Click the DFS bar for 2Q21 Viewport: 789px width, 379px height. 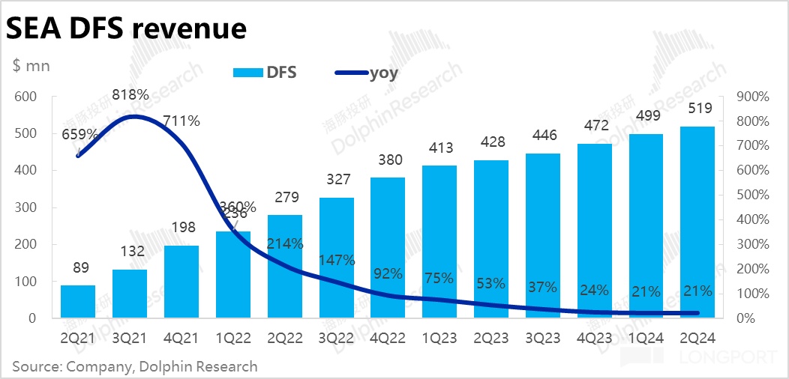pos(78,301)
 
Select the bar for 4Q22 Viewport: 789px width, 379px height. pos(388,247)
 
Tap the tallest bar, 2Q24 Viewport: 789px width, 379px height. pos(698,222)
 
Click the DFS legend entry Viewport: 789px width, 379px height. pos(265,72)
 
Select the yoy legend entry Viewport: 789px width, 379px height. pos(366,72)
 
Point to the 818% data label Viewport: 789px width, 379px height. pos(130,95)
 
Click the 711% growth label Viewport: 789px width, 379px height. pos(181,121)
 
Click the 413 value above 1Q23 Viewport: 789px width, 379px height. pos(439,147)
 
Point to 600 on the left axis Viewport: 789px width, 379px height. pos(25,97)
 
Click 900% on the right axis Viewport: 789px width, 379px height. pos(750,97)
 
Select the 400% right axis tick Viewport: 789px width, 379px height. pos(750,219)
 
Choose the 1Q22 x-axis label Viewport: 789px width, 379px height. pos(232,337)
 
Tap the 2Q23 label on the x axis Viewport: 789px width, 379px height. pos(491,337)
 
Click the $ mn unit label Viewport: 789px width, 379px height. pos(31,66)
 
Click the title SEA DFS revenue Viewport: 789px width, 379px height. pos(126,28)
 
